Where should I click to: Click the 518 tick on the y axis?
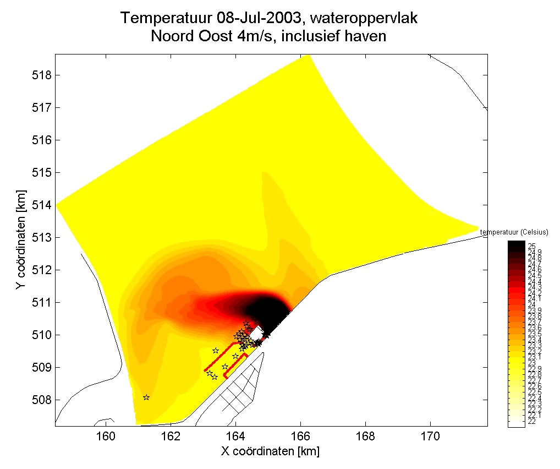(56, 75)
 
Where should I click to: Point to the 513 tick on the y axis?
(56, 237)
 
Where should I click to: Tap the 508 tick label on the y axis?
(43, 400)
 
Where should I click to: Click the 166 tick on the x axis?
(300, 425)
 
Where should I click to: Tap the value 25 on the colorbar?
(532, 246)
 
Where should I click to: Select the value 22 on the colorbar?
(532, 421)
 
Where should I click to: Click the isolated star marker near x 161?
(146, 397)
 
